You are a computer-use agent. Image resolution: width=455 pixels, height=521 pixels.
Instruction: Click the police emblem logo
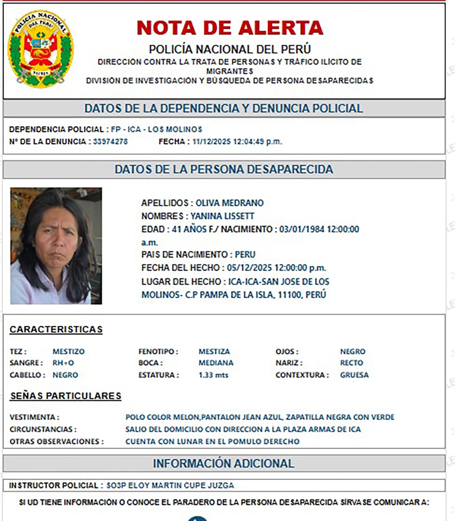tap(41, 49)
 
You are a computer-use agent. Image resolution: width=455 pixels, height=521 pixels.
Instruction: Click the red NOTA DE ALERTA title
tap(230, 28)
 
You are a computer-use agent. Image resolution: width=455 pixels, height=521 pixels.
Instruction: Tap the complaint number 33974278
tap(110, 141)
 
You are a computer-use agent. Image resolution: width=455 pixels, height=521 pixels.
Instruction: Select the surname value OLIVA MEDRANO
tap(229, 203)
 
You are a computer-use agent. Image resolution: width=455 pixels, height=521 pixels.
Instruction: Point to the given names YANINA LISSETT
tap(222, 216)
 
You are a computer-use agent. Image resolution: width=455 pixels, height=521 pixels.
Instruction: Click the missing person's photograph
tap(56, 246)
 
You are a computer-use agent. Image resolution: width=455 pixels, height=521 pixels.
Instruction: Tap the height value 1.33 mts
tap(213, 375)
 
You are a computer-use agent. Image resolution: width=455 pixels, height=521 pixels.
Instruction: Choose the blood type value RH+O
tap(63, 363)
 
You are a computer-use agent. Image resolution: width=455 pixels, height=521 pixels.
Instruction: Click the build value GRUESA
tap(354, 375)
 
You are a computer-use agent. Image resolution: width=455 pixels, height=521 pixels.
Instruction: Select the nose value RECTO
tap(351, 363)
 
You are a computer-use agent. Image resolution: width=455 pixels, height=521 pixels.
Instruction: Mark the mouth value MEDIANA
tap(216, 363)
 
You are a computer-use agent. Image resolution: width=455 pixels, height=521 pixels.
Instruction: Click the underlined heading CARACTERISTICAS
tap(56, 329)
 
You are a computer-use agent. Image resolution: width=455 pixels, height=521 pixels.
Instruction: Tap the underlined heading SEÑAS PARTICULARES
tap(66, 396)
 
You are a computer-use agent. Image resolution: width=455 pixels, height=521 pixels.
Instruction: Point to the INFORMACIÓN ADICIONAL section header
tap(223, 463)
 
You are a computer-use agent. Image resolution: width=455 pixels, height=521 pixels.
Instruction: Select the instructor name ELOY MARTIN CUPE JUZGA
tap(181, 485)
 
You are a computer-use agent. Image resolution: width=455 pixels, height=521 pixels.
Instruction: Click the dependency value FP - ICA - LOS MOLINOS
tap(157, 129)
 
